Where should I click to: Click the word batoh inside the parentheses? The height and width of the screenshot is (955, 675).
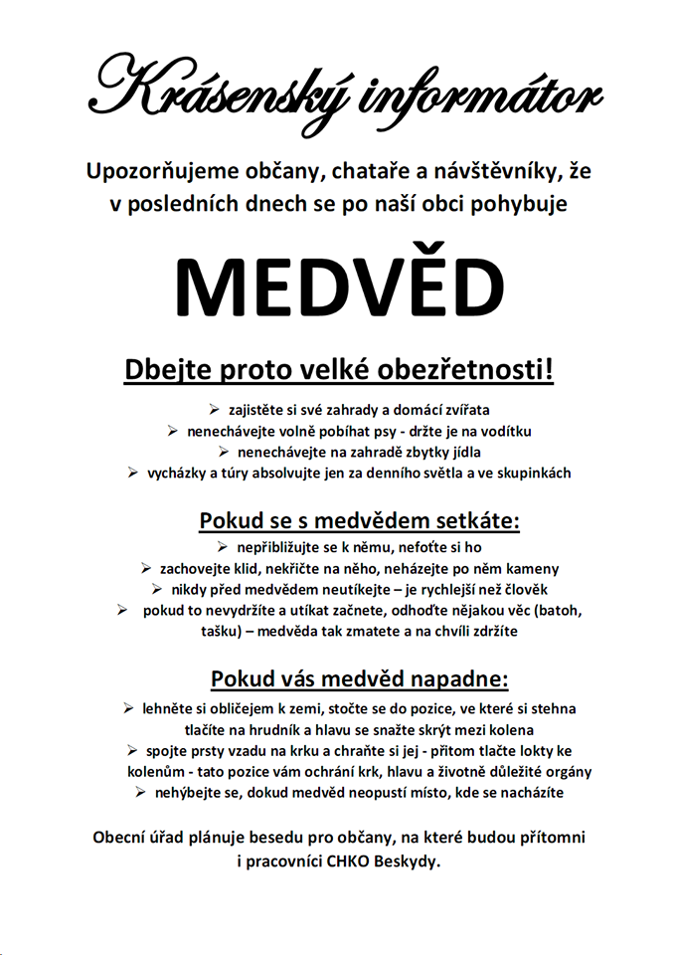(559, 610)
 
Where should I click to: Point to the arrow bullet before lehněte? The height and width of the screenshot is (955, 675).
(128, 708)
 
